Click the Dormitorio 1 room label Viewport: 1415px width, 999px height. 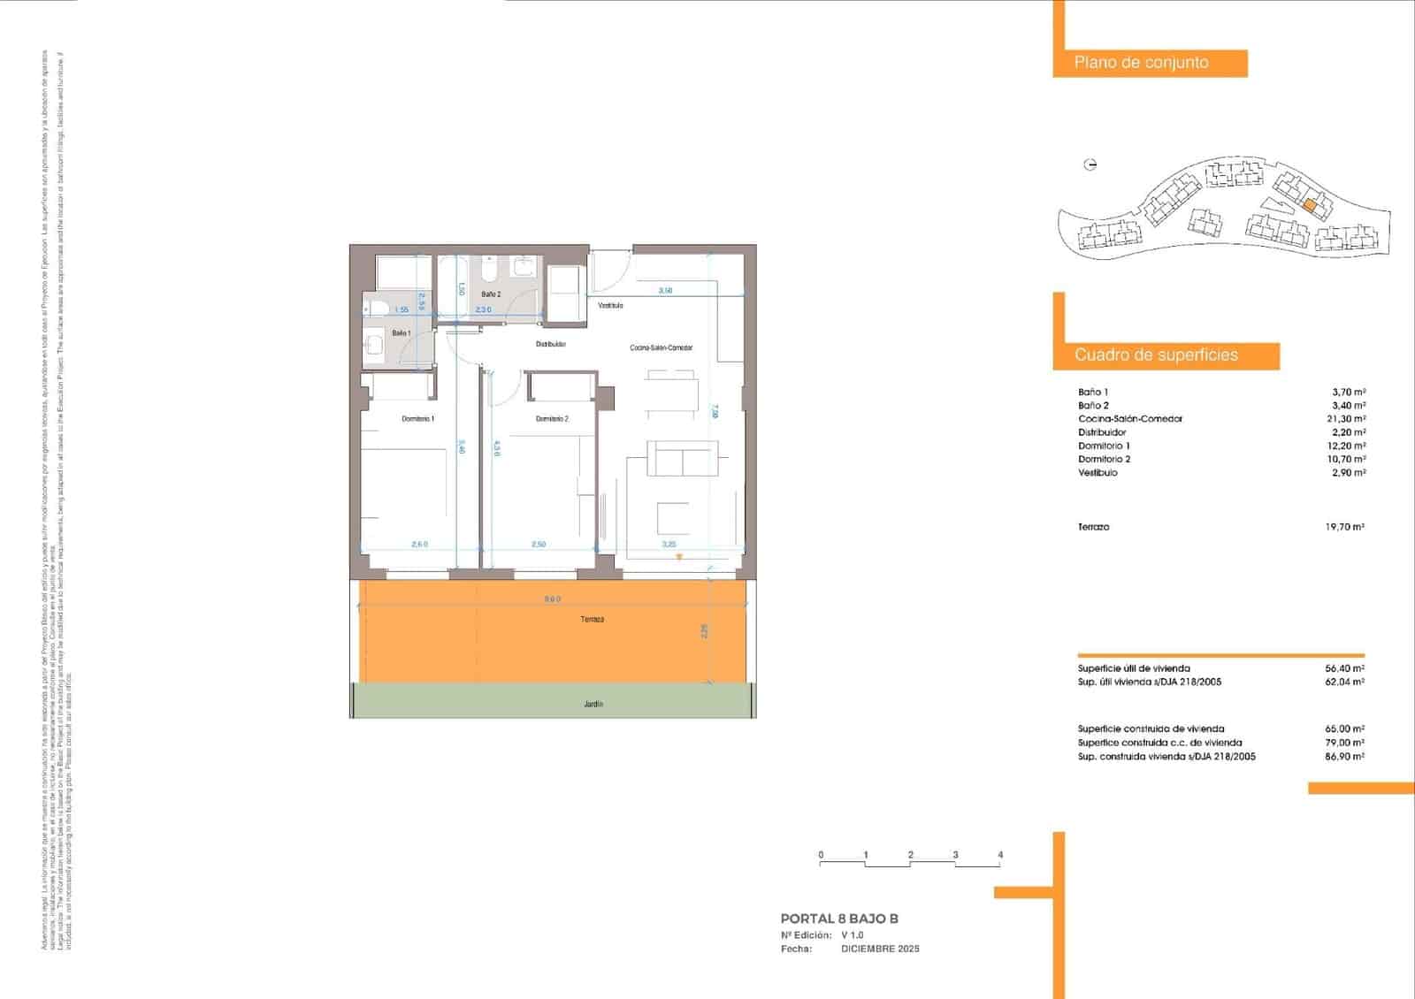(x=417, y=418)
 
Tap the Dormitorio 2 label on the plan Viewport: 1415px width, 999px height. (x=552, y=418)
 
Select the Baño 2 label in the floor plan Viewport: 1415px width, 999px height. (x=491, y=294)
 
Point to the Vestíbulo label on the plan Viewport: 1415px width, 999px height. (x=610, y=306)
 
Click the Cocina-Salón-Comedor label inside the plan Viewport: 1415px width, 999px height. (x=661, y=347)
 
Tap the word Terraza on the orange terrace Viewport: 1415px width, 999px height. (x=593, y=620)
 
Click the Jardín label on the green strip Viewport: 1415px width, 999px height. (x=593, y=705)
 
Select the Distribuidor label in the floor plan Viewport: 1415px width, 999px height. (x=550, y=344)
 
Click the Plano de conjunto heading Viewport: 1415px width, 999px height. (x=1141, y=63)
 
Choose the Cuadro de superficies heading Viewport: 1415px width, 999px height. (x=1156, y=355)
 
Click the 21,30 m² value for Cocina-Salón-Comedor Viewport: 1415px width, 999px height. (x=1349, y=419)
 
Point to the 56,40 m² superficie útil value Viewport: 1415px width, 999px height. (x=1344, y=669)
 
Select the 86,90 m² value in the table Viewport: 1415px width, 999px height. (x=1344, y=757)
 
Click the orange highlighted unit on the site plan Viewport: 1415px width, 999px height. (x=1311, y=206)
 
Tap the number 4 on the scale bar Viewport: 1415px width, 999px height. (x=1000, y=855)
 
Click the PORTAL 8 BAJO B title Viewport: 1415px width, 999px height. (x=839, y=919)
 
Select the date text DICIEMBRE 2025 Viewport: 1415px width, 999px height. (x=880, y=949)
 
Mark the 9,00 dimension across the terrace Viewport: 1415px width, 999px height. (x=552, y=599)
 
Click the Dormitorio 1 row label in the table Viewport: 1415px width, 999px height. (x=1104, y=446)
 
